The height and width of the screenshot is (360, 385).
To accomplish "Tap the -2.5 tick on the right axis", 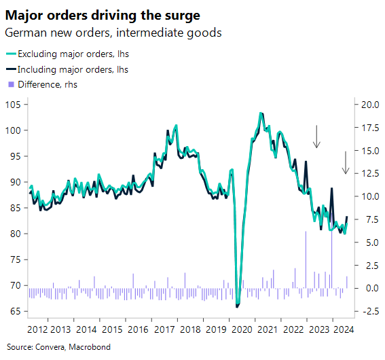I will click(x=370, y=312).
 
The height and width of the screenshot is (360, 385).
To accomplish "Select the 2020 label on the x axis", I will click(x=241, y=329).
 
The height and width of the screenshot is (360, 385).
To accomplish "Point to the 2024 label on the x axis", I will click(x=343, y=329).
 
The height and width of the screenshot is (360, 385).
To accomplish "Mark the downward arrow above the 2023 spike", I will click(x=316, y=137).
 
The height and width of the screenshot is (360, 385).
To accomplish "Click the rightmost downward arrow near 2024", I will click(x=345, y=162).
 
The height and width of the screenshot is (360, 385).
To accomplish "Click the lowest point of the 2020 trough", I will click(x=237, y=306).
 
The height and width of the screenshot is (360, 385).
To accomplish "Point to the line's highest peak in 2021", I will click(x=261, y=113).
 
